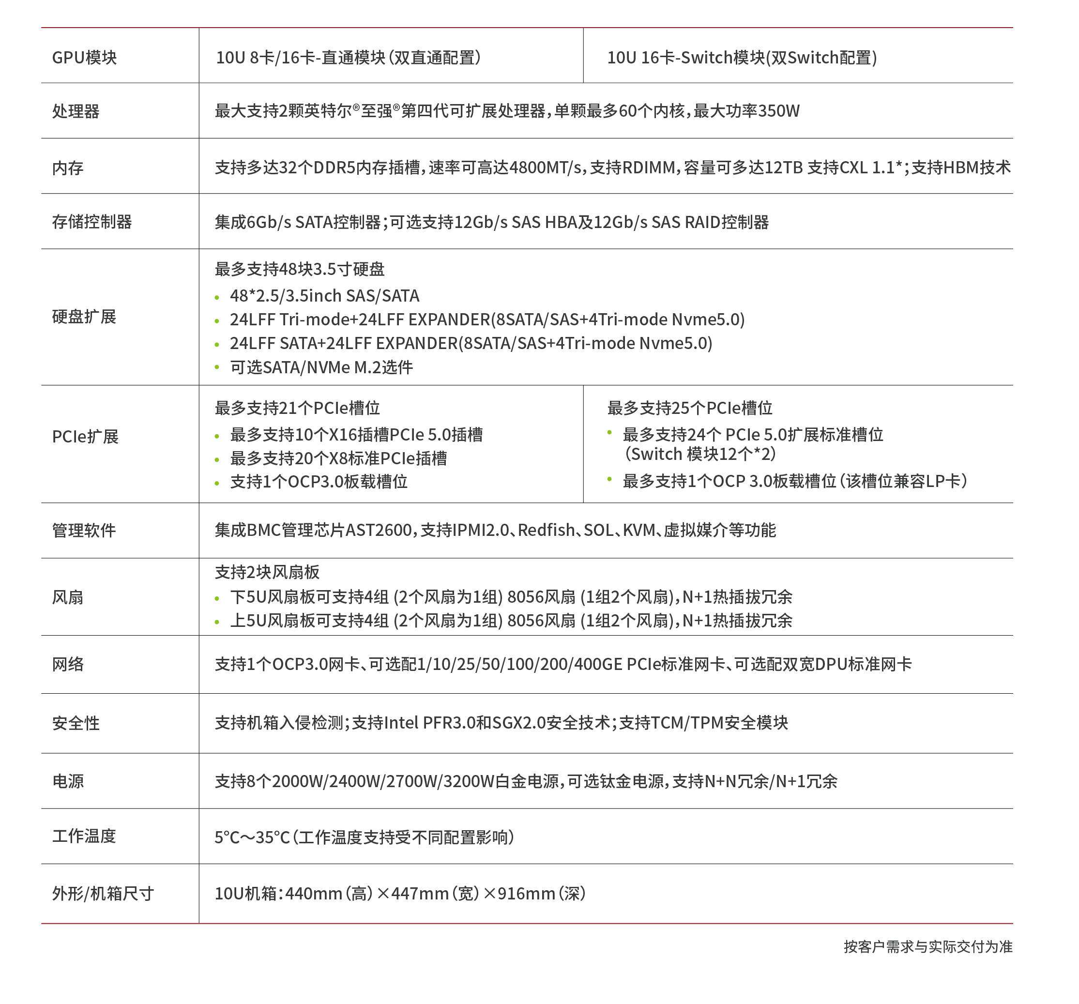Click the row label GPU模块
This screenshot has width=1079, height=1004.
coord(84,58)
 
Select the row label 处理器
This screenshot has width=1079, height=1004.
coord(76,111)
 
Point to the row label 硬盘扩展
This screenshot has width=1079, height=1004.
coord(84,317)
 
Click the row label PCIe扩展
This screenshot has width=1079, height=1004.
coord(85,436)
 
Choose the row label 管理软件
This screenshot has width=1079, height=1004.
coord(84,530)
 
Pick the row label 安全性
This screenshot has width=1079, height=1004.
coord(76,723)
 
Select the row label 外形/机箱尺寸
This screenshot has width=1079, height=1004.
coord(103,893)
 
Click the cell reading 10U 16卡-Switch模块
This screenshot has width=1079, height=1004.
coord(742,58)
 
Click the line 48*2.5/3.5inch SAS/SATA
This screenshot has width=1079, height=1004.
coord(324,296)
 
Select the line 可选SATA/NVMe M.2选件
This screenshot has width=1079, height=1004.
coord(321,367)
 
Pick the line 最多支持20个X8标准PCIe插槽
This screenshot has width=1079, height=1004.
coord(338,458)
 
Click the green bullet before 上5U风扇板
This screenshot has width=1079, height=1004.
coord(217,623)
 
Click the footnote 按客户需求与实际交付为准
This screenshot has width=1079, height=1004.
coord(927,946)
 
